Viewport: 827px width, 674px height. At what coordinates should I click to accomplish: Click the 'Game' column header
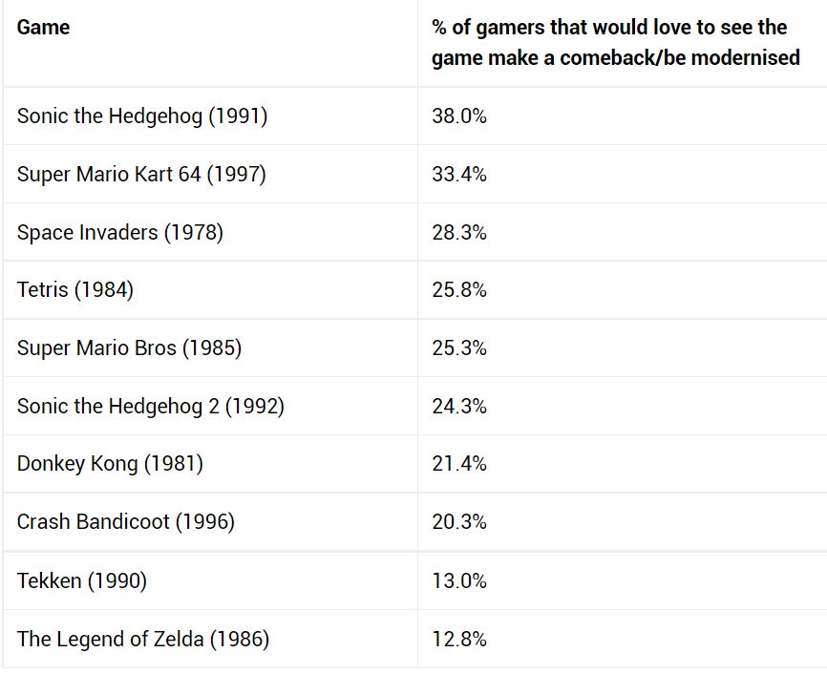(43, 28)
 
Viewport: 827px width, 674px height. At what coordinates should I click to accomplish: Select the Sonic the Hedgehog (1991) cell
(141, 116)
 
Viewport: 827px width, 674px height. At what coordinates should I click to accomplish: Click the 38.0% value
(459, 116)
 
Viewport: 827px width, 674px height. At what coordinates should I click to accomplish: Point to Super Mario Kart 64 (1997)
(141, 175)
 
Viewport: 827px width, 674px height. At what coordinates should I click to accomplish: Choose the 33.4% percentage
(459, 175)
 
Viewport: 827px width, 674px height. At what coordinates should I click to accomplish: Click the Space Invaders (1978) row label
(119, 232)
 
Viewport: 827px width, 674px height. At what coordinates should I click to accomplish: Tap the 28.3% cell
(459, 232)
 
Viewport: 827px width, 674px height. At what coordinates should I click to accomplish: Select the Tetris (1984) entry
(74, 290)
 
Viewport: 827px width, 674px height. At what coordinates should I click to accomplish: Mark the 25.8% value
(459, 290)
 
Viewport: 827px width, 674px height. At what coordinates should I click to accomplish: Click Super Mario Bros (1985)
(129, 348)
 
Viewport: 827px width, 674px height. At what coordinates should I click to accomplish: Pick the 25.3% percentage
(459, 348)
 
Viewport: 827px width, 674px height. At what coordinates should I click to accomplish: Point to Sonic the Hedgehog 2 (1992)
(150, 407)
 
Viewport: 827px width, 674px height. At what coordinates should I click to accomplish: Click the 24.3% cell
(459, 407)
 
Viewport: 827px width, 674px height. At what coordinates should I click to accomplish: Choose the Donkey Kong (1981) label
(110, 464)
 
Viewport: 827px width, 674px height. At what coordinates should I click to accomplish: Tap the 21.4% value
(459, 464)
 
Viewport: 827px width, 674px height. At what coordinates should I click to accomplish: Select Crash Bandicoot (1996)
(125, 522)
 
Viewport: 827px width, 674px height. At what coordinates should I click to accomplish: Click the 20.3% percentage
(459, 522)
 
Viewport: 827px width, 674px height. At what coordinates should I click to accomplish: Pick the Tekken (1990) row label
(81, 581)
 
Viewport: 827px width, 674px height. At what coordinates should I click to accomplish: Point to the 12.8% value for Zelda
(459, 640)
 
